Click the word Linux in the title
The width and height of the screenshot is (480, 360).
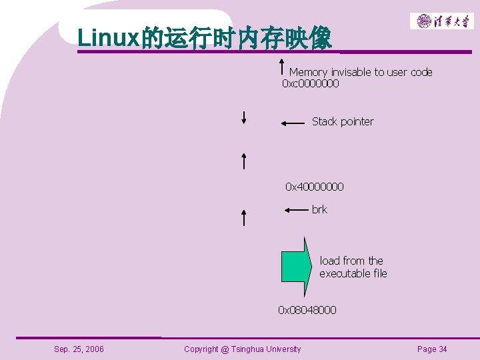(x=109, y=37)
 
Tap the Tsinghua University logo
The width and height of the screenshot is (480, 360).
(x=441, y=21)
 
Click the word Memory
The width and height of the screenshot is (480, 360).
(x=308, y=72)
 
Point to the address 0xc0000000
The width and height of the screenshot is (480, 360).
(x=310, y=83)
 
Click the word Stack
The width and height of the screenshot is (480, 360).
(x=325, y=121)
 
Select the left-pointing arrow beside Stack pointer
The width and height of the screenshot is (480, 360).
(x=293, y=123)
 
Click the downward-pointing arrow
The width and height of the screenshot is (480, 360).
(x=245, y=117)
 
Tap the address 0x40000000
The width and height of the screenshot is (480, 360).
(x=315, y=187)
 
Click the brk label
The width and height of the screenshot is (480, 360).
(x=319, y=209)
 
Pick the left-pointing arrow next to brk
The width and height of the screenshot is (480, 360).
(x=295, y=210)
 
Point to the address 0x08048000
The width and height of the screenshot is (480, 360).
(x=307, y=310)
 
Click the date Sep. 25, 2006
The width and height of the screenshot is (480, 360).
(x=79, y=349)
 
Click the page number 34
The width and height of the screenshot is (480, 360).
(x=443, y=349)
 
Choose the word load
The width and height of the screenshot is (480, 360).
(x=329, y=261)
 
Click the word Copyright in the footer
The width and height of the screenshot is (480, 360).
(x=202, y=349)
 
